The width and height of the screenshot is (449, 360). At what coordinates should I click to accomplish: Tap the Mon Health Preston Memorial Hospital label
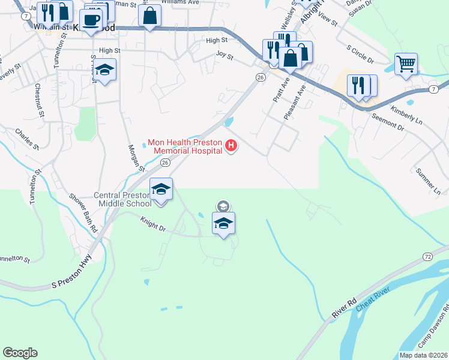click(x=185, y=146)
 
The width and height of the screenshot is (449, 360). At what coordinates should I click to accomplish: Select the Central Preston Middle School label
click(x=123, y=199)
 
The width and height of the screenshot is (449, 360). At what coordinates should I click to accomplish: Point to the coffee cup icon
click(x=91, y=20)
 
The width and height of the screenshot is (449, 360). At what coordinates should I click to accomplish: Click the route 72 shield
click(x=427, y=256)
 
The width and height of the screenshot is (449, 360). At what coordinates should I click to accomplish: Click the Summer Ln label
click(x=429, y=180)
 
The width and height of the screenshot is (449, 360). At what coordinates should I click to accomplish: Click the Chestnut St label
click(x=39, y=100)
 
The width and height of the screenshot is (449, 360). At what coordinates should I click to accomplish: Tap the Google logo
click(x=20, y=353)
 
